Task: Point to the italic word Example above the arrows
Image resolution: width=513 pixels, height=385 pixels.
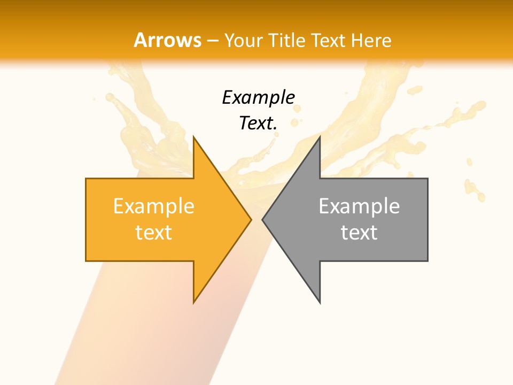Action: tap(258, 98)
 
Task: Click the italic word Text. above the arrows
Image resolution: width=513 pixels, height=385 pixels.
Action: tap(258, 124)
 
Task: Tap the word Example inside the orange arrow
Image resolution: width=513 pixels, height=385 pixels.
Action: tap(154, 206)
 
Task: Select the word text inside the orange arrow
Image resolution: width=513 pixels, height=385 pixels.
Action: tap(154, 233)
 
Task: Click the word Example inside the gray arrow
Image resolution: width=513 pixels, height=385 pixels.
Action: tap(359, 206)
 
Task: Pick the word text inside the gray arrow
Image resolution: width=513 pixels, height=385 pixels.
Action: tap(359, 233)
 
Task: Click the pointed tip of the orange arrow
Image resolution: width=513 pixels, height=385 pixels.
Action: tap(251, 219)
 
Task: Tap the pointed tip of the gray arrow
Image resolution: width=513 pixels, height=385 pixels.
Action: tap(262, 219)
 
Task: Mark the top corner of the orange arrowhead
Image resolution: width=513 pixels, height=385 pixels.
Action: tap(193, 136)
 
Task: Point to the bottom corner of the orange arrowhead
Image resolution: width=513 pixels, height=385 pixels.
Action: tap(193, 303)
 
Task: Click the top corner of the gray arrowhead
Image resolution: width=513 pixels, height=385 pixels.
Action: tap(320, 136)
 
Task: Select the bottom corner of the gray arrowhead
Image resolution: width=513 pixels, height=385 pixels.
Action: tap(320, 303)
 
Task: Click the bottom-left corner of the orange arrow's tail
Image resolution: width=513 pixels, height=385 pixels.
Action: tap(86, 261)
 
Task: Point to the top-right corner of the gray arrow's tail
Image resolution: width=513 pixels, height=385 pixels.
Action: tap(428, 179)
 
